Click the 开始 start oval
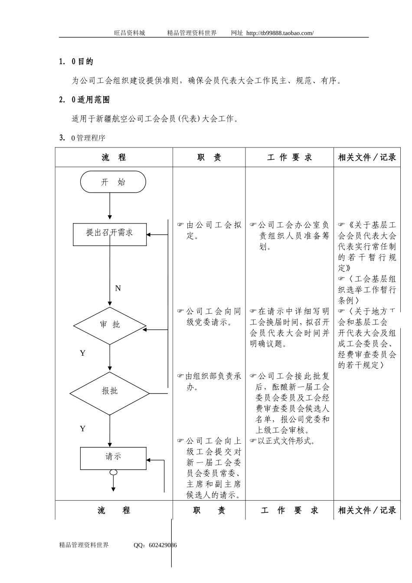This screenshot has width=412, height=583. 113,182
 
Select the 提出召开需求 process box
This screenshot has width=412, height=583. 110,234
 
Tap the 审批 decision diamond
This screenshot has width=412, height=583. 110,325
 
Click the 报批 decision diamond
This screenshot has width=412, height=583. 110,393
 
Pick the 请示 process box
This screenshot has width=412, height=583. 113,458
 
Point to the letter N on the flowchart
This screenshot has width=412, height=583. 118,288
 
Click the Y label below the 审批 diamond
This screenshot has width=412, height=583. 82,353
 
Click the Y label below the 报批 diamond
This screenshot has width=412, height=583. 82,429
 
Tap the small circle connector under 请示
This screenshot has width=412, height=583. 113,472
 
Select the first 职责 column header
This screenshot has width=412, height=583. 209,157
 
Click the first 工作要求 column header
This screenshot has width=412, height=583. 289,157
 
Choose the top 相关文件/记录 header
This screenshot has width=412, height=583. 367,157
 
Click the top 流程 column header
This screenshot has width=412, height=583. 114,157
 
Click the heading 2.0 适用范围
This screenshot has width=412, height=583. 84,100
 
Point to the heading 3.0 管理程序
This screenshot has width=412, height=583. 82,138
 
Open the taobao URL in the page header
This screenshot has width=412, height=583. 279,33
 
